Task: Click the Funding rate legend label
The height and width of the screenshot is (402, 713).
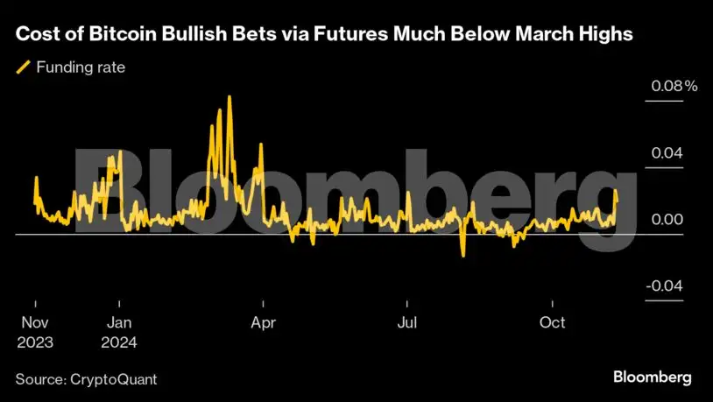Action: (81, 67)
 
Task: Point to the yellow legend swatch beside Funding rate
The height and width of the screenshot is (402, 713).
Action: (24, 67)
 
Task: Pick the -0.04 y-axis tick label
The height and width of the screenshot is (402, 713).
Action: (663, 286)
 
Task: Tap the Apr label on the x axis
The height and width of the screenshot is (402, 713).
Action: (263, 322)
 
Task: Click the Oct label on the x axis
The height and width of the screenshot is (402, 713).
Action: (552, 322)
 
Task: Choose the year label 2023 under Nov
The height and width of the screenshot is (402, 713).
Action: (34, 342)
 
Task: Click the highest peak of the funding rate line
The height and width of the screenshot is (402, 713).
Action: (229, 97)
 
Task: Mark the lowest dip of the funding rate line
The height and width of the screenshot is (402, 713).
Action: (462, 255)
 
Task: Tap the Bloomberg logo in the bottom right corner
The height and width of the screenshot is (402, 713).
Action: (651, 377)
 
